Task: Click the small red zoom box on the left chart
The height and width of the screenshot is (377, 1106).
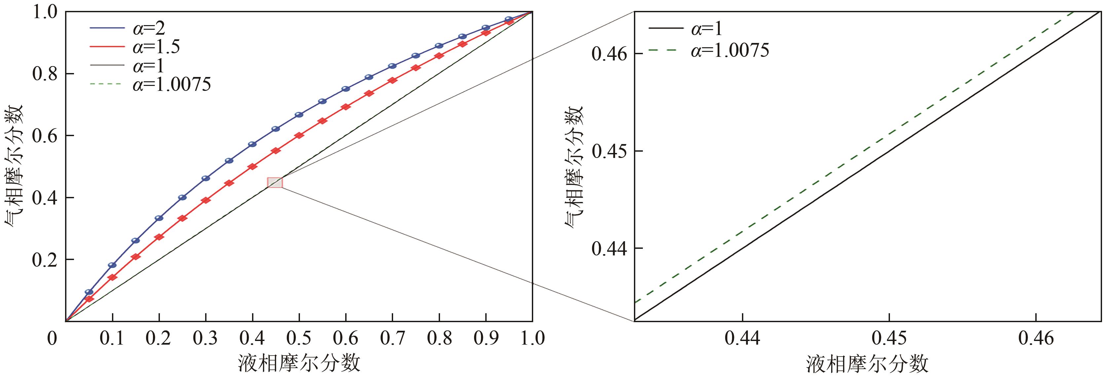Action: [x=275, y=182]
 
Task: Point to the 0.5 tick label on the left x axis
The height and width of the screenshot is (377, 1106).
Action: [x=299, y=339]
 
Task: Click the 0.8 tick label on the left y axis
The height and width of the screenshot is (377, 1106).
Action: [x=45, y=74]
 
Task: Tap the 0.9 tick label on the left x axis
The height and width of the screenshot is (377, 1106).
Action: [x=486, y=339]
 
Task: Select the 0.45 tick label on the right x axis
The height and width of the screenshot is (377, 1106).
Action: [x=889, y=339]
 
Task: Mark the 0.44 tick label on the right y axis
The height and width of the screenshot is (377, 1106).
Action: [x=609, y=248]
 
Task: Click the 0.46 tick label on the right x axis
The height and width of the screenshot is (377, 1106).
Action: [x=1036, y=339]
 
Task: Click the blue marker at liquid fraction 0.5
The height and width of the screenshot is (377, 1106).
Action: [x=299, y=115]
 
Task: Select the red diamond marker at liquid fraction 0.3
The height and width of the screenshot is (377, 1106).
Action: [x=206, y=200]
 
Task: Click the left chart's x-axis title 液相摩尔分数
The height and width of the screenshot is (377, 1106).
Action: [x=299, y=363]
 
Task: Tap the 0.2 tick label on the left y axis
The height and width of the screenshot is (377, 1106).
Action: [x=45, y=260]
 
